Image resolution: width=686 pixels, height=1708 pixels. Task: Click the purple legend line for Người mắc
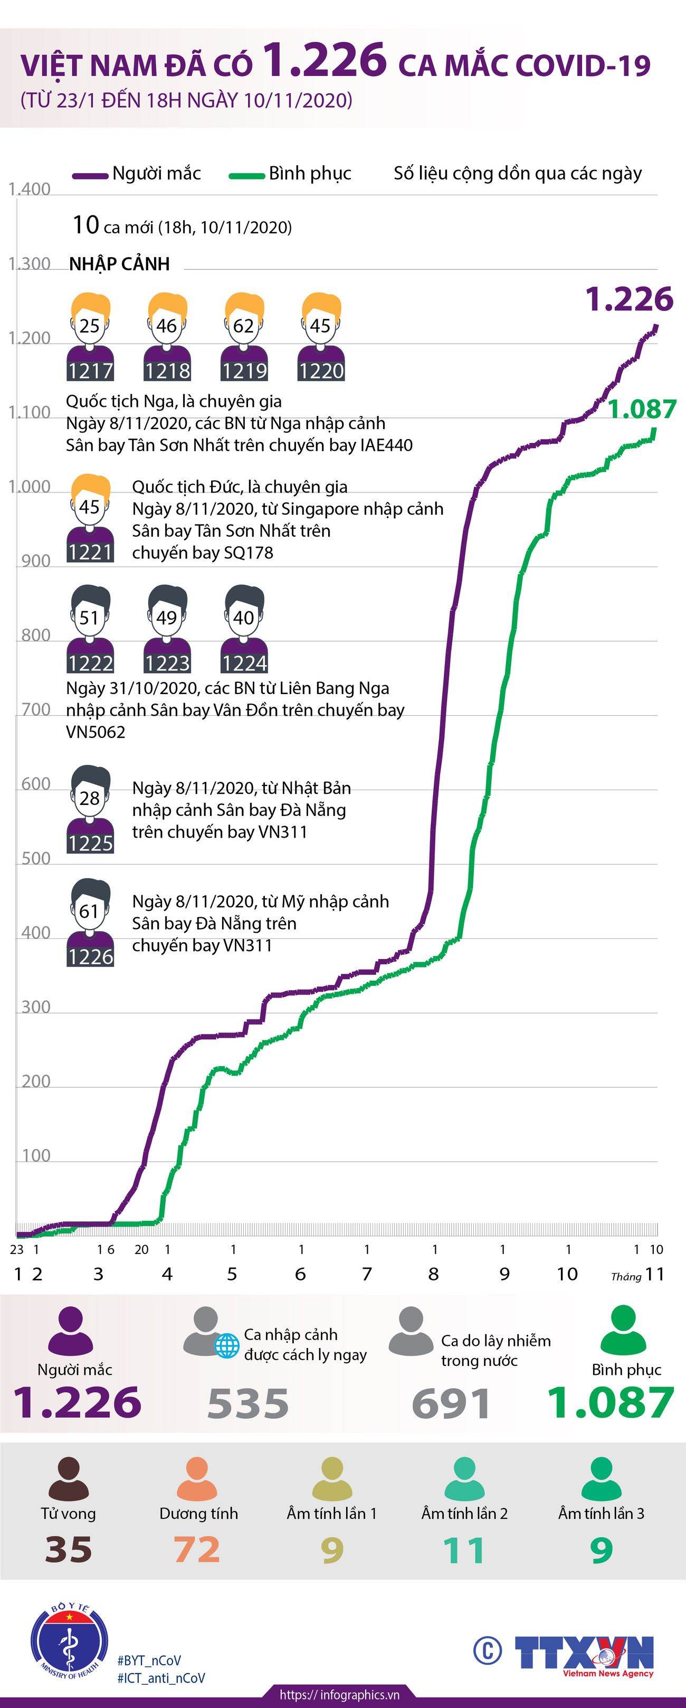click(90, 176)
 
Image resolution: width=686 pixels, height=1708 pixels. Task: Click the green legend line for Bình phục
click(246, 176)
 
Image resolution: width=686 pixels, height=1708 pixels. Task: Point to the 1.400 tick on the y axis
click(29, 189)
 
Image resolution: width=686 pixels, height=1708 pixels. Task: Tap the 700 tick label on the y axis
click(36, 709)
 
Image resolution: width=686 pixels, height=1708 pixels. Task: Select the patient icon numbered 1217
click(90, 337)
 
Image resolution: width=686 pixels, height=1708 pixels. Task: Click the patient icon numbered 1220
click(321, 337)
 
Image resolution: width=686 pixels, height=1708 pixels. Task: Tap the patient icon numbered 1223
click(167, 629)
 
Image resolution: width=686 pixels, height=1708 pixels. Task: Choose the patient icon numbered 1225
click(90, 809)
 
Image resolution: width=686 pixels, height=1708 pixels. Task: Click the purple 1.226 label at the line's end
click(629, 299)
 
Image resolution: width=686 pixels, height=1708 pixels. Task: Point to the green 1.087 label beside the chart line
click(642, 409)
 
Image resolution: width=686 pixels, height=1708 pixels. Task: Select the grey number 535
click(248, 1403)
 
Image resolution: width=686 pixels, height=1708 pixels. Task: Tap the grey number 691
click(451, 1403)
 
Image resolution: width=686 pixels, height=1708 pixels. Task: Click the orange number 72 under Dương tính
click(197, 1550)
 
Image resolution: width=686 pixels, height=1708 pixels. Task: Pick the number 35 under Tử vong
click(68, 1550)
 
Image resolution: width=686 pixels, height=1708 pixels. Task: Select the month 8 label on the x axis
click(433, 1274)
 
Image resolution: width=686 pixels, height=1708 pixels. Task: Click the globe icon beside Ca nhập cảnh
click(227, 1346)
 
